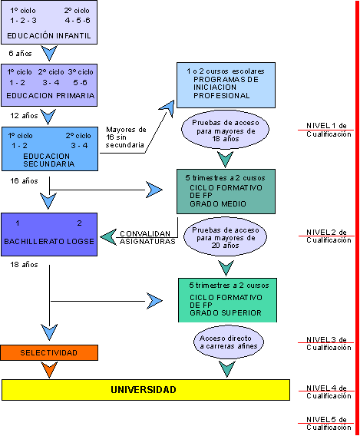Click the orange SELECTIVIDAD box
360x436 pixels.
49,352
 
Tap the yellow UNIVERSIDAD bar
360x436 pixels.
146,390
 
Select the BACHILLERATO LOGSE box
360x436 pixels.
49,234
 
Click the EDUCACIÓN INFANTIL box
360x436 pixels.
49,22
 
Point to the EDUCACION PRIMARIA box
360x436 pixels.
49,85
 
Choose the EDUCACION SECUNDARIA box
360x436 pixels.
50,149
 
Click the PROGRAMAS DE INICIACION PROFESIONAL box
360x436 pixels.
226,85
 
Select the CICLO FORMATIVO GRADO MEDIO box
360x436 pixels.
226,191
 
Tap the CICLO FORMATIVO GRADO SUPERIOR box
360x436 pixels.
227,300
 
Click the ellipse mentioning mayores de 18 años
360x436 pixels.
225,130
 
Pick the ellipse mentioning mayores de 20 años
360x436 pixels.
225,237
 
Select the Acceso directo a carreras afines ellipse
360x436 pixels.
229,342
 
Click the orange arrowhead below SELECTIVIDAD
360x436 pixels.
49,369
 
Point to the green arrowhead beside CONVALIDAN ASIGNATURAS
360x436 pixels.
108,237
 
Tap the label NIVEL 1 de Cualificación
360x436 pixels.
329,130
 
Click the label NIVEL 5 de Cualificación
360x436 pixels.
329,423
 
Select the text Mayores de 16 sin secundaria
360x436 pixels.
126,137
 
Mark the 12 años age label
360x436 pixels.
24,116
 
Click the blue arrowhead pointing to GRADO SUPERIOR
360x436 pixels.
154,301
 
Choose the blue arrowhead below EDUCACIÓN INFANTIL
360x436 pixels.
49,53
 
